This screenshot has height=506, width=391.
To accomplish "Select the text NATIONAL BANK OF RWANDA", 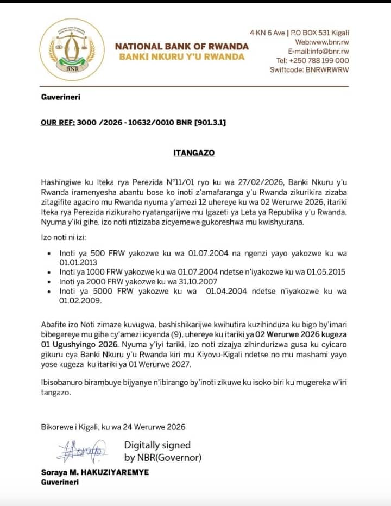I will [182, 47].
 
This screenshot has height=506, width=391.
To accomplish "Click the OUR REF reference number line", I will [134, 123].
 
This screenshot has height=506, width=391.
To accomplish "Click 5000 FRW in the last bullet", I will [99, 292].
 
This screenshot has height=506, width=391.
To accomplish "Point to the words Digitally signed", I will [157, 446].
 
